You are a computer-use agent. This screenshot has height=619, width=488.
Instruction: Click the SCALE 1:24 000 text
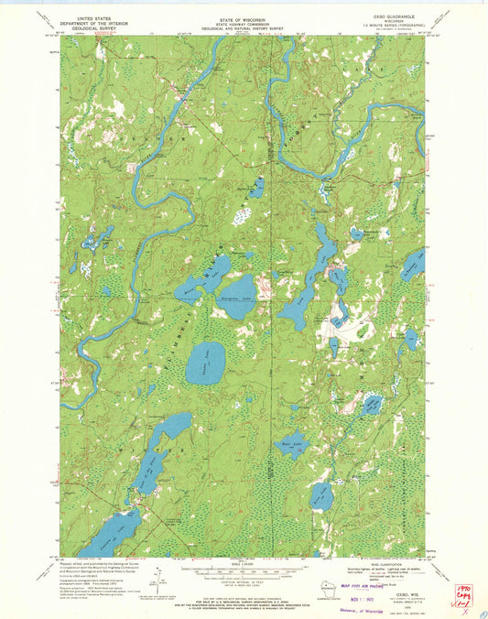pyautogui.click(x=243, y=563)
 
